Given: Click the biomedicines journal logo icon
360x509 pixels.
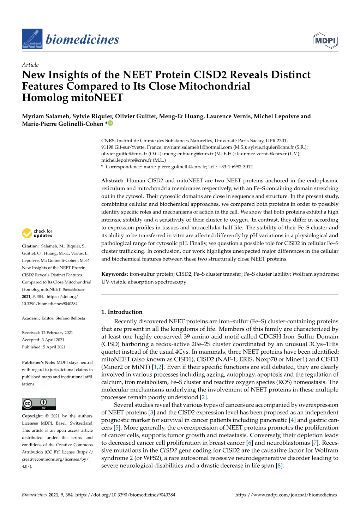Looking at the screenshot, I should pyautogui.click(x=32, y=39).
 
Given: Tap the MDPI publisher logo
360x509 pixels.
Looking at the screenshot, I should pyautogui.click(x=325, y=40).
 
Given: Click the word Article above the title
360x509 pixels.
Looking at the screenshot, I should pyautogui.click(x=30, y=65).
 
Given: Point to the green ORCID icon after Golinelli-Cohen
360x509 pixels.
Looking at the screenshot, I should pyautogui.click(x=110, y=123).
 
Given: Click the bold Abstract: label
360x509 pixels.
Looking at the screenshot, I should pyautogui.click(x=112, y=181).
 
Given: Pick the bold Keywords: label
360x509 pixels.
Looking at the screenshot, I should pyautogui.click(x=114, y=274).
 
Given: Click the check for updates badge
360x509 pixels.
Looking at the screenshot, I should pyautogui.click(x=37, y=233).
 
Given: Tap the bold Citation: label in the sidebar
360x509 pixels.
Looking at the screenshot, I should pyautogui.click(x=30, y=246).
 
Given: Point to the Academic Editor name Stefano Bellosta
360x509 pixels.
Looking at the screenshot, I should pyautogui.click(x=70, y=318).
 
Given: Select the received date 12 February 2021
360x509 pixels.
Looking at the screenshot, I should pyautogui.click(x=57, y=333).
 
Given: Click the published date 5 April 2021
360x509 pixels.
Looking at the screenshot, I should pyautogui.click(x=54, y=347).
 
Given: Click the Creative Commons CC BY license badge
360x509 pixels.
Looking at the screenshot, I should pyautogui.click(x=39, y=404).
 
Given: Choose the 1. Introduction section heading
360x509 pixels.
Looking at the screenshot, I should pyautogui.click(x=122, y=312).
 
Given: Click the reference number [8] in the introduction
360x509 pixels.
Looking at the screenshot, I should pyautogui.click(x=280, y=466).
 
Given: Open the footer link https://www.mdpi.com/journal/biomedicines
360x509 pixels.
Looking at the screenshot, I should pyautogui.click(x=286, y=495).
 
